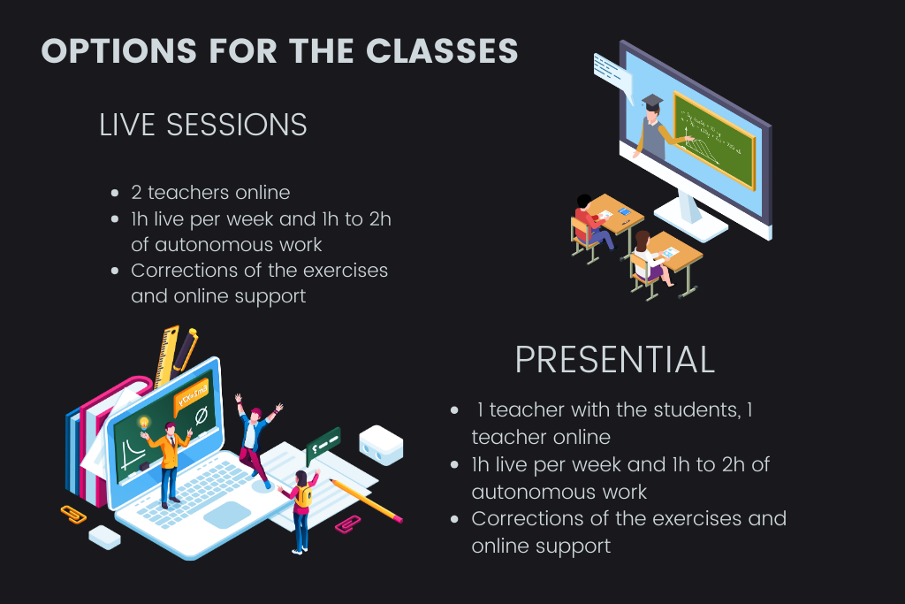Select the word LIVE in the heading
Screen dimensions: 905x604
coord(127,125)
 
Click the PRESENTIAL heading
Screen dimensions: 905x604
coord(615,360)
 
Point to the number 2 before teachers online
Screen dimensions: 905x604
coord(136,192)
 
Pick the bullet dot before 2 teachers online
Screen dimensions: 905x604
coord(115,193)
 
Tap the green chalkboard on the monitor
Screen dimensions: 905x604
coord(714,141)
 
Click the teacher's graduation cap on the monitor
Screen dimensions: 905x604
coord(652,103)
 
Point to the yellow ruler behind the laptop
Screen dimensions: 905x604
coord(166,356)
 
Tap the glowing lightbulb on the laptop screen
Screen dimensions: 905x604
coord(144,424)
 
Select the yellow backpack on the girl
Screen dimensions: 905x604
coord(304,497)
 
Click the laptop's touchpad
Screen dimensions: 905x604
coord(227,514)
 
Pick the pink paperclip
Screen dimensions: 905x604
coord(348,524)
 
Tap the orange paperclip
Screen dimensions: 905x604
coord(73,514)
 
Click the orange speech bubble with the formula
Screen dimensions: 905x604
coord(191,397)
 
